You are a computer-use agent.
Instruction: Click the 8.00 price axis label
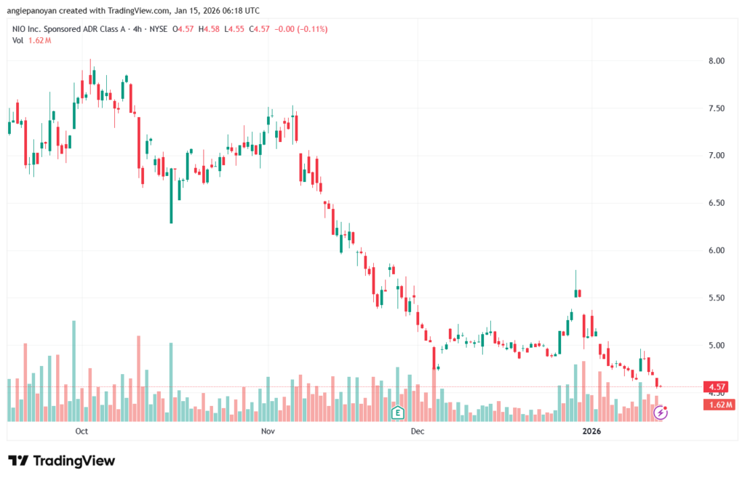(x=717, y=61)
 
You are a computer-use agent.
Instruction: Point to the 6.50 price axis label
(x=717, y=203)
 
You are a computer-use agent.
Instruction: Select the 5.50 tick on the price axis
(x=717, y=298)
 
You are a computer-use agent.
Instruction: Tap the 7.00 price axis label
(x=717, y=156)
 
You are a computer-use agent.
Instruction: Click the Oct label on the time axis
(x=81, y=431)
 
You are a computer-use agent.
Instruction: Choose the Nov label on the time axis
(x=268, y=431)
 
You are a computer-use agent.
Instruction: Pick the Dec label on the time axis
(x=418, y=431)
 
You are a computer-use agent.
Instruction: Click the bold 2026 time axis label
(x=591, y=431)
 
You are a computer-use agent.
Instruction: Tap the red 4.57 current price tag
(x=716, y=387)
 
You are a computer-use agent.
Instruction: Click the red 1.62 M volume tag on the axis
(x=720, y=405)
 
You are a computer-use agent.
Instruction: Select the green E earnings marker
(x=398, y=413)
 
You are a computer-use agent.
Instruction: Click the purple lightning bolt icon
(x=660, y=413)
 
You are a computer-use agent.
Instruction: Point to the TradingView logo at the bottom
(x=62, y=461)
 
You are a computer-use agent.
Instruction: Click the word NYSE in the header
(x=158, y=29)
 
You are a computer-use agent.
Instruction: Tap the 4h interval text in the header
(x=138, y=29)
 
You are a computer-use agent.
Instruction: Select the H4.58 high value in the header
(x=209, y=29)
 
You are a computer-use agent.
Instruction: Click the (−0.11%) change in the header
(x=312, y=29)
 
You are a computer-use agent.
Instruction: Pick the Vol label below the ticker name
(x=17, y=41)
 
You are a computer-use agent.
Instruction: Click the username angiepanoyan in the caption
(x=31, y=10)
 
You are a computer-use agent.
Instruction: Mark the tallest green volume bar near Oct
(x=73, y=371)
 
